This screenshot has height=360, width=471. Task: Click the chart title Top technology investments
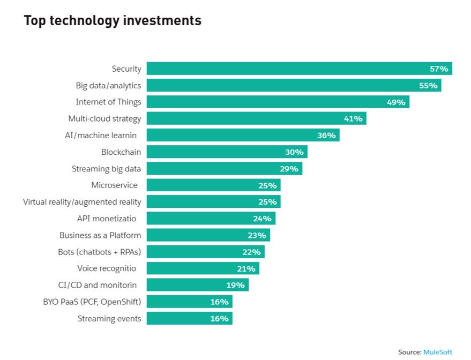coord(113,21)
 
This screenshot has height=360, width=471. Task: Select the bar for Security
coord(299,69)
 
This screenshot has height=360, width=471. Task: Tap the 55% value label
coord(428,86)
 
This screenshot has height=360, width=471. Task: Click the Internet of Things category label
coord(108,102)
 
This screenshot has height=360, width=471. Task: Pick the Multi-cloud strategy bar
coord(257,118)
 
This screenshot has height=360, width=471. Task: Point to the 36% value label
coord(326,136)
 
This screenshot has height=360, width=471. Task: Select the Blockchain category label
coord(121,152)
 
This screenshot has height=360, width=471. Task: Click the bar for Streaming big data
coord(225,168)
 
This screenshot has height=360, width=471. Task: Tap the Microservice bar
coord(214,185)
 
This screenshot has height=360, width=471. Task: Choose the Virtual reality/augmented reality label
coord(82,202)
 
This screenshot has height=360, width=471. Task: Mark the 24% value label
coord(262,219)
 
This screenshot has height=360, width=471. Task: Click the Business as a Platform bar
coord(208,235)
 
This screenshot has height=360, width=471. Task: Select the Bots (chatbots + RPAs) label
coord(100,252)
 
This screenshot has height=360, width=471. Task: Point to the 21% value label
coord(246,269)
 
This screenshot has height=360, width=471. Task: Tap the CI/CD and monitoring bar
coord(198,285)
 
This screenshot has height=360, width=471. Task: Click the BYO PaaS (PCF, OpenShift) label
coord(92,302)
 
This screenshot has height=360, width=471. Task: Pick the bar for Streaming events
coord(190,318)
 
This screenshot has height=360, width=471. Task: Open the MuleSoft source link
coord(438,352)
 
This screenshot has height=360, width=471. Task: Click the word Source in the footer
coord(410,352)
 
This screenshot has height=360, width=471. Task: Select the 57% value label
coord(439,69)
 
